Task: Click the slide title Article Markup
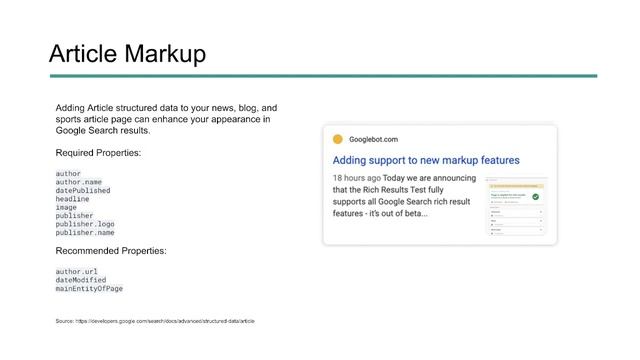pos(127,53)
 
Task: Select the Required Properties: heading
pos(98,152)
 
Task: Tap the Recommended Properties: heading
pos(110,250)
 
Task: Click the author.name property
pos(79,182)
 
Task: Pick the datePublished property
pos(83,190)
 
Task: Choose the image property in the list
pos(67,207)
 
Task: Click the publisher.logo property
pos(85,224)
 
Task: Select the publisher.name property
pos(85,233)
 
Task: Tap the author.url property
pos(77,271)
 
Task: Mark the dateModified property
pos(81,280)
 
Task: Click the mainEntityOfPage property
pos(89,289)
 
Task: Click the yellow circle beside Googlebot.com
pos(338,139)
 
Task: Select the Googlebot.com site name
pos(373,139)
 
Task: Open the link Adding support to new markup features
pos(426,160)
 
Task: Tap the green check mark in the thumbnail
pos(536,196)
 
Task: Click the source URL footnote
pos(155,321)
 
